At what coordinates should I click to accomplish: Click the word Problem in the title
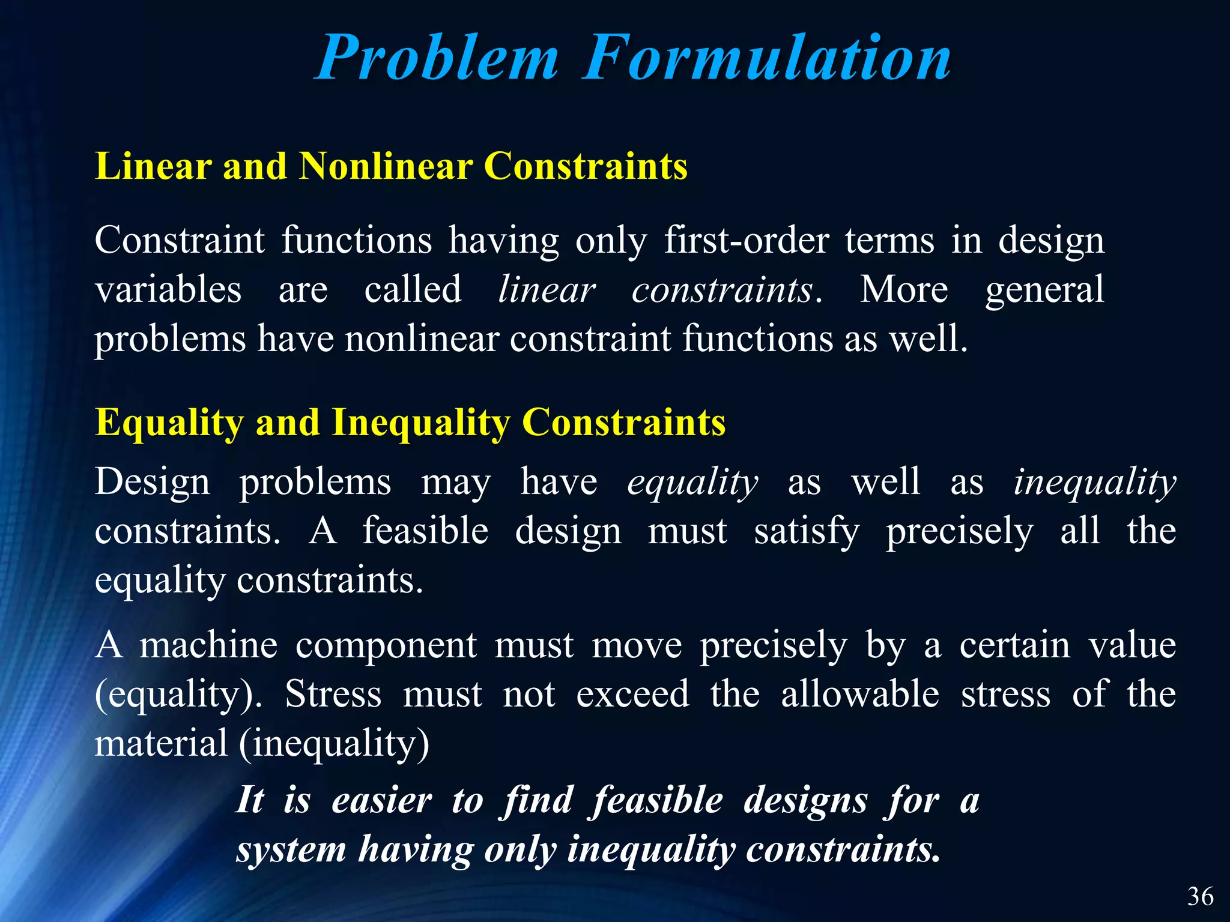pos(437,59)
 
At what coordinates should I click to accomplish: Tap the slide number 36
pos(1200,897)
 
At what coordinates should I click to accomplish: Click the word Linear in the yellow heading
pos(153,166)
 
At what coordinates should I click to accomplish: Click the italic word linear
pos(547,290)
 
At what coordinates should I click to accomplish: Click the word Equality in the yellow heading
pos(169,423)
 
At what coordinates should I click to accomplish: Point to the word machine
pos(208,645)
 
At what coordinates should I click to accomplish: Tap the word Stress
pos(333,695)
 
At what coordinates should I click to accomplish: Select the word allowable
pos(860,695)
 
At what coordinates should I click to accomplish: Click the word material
pos(161,743)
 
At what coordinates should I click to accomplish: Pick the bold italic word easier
pos(381,801)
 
